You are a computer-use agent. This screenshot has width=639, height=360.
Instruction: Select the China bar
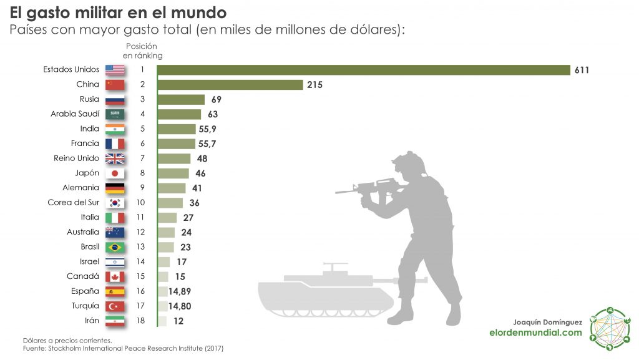(230, 85)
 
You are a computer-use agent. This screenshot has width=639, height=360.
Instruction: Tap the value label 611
(582, 70)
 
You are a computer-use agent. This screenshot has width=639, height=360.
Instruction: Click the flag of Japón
(115, 173)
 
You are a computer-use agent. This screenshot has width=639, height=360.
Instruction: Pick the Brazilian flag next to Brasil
(115, 247)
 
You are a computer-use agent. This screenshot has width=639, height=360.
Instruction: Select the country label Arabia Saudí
(75, 114)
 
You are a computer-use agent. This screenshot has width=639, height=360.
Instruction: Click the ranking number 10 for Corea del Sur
(142, 203)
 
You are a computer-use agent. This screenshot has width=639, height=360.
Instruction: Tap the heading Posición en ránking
(142, 51)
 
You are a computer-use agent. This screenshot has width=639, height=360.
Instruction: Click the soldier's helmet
(413, 161)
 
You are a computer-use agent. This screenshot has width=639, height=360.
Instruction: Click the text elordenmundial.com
(535, 333)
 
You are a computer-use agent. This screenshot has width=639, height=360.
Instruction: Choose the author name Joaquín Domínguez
(547, 322)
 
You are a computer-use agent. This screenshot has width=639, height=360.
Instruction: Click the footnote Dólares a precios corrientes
(67, 340)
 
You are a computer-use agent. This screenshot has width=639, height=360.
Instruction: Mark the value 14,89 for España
(183, 291)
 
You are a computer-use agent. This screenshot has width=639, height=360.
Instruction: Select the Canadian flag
(115, 276)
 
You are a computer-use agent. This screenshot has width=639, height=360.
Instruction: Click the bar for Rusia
(181, 100)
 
